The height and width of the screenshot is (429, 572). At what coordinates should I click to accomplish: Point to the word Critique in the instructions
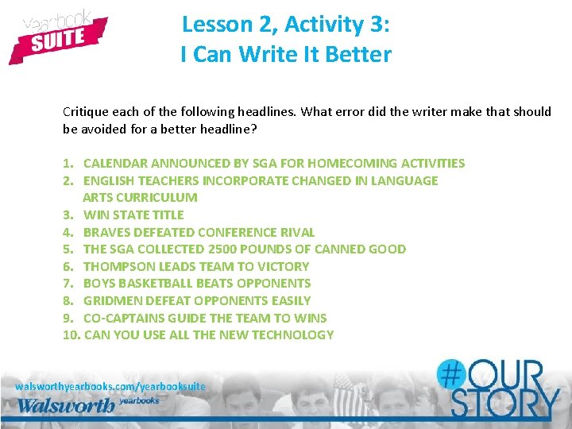point(84,112)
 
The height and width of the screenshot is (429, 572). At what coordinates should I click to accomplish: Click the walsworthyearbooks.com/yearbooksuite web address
point(110,386)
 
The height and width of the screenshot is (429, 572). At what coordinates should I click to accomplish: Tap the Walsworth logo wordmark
point(67,405)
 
